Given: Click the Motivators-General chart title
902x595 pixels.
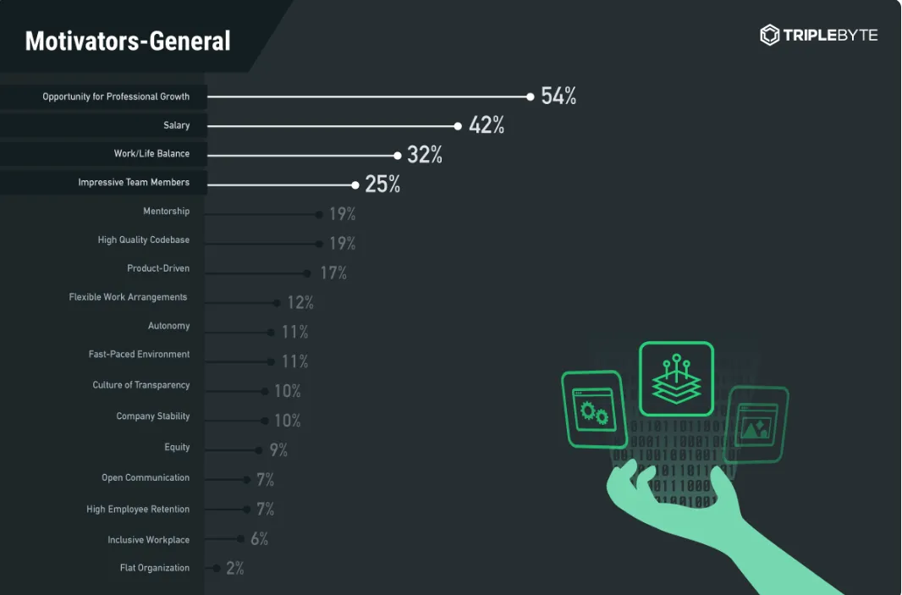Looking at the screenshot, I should [128, 41].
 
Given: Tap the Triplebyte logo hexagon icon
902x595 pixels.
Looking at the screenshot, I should [769, 35].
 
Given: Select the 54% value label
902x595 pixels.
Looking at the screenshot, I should [558, 96].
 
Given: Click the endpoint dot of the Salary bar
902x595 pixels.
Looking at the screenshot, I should [458, 126].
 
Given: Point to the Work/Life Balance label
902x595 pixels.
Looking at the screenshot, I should [151, 154].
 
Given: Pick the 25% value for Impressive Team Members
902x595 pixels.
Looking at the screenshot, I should [382, 185].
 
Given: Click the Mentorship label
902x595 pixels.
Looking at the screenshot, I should [166, 212].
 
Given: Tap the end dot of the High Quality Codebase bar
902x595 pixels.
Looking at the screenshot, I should [320, 244].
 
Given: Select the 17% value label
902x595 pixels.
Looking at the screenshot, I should [333, 273].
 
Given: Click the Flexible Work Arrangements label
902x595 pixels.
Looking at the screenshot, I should [128, 297].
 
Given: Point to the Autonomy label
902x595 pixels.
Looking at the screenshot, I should [168, 326].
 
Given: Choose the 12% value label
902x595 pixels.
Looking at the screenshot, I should [300, 302].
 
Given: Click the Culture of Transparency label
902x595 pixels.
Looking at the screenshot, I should [141, 385].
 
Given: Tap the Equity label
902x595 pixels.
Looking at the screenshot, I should [177, 447].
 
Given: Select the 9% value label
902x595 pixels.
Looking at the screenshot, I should [278, 450].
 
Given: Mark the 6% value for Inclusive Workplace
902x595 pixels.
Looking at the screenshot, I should [259, 538].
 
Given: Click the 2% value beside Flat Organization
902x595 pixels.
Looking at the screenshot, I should [234, 568].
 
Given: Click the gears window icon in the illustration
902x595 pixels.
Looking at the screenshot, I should [594, 410].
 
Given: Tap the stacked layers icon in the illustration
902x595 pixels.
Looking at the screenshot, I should [676, 378].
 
